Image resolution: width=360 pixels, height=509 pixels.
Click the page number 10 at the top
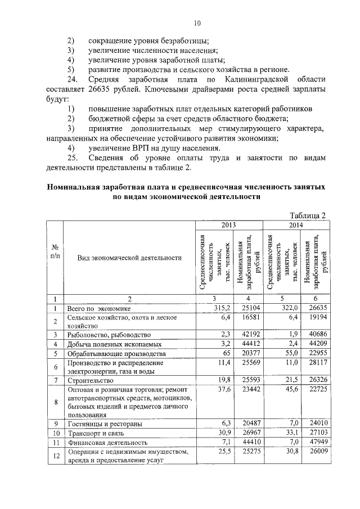(197, 23)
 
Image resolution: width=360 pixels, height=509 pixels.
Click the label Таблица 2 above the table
(307, 215)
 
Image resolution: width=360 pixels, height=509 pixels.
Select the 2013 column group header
(228, 225)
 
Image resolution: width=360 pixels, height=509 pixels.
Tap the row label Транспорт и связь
(92, 433)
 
